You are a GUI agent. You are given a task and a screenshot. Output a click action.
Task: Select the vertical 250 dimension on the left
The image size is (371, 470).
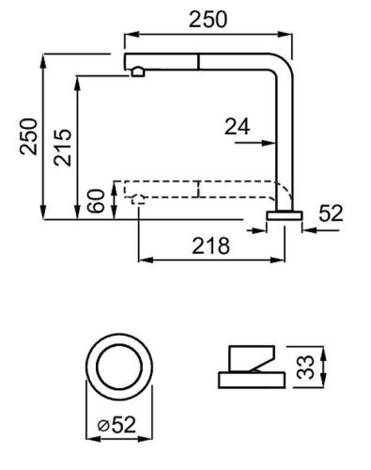pos(28,138)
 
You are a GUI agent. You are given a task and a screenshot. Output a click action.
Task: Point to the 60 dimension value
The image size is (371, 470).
pos(96,200)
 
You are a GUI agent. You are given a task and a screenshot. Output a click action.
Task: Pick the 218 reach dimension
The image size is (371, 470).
pos(212,245)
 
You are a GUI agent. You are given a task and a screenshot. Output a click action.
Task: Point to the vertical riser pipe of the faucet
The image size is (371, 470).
pos(281,141)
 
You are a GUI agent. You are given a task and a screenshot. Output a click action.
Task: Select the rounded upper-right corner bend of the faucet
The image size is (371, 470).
pos(280,62)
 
